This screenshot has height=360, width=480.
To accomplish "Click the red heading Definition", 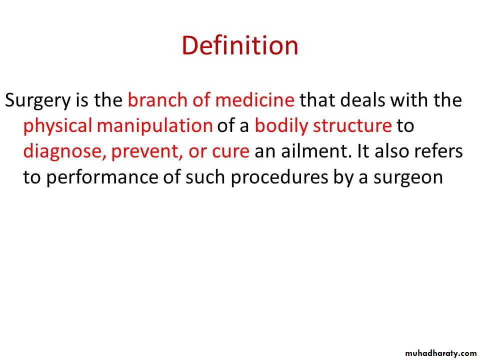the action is pos(240,45).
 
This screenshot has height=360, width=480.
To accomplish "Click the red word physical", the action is pos(57,126).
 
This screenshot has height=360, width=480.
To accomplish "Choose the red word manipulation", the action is pos(154,126).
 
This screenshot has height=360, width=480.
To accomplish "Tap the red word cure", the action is pos(231,151).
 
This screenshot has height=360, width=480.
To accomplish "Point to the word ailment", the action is pos(316,151).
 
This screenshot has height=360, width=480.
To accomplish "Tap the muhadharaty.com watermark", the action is pos(440,353).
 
